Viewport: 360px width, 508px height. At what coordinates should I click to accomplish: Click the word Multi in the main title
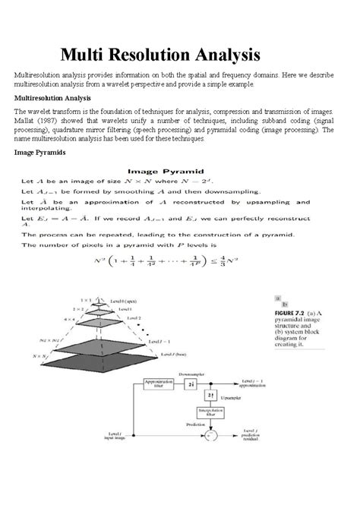coord(85,55)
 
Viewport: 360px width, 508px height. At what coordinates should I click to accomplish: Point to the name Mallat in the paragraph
coord(26,120)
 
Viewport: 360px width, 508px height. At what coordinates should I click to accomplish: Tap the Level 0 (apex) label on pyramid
coord(125,301)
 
